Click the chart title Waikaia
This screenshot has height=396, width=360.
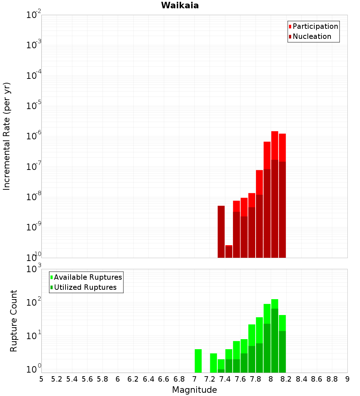pos(180,5)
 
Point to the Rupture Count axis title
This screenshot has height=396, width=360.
pos(14,320)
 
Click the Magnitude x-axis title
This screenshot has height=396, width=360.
pos(194,390)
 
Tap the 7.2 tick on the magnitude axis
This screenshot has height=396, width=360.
pos(210,379)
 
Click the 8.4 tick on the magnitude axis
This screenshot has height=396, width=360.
pos(301,379)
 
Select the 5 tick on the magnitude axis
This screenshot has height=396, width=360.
pos(41,379)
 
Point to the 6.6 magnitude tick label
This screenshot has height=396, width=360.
pos(163,379)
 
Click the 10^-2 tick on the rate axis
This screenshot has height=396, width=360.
pos(34,15)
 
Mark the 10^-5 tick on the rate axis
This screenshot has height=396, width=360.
pos(34,106)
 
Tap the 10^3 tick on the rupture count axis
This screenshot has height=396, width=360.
pos(34,269)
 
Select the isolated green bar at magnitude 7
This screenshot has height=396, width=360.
pos(198,361)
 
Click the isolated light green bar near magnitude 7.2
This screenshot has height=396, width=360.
pos(213,363)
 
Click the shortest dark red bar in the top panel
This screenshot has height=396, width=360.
pos(229,251)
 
